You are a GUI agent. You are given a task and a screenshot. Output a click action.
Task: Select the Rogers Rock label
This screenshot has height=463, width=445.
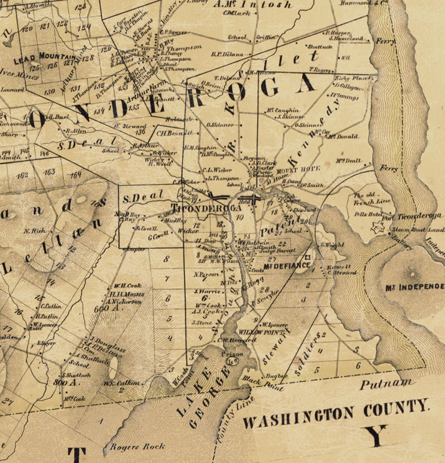[137, 446]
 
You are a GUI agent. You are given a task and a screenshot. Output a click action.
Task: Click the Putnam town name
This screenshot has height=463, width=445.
[386, 384]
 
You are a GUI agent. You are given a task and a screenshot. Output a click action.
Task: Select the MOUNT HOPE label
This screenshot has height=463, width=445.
[298, 170]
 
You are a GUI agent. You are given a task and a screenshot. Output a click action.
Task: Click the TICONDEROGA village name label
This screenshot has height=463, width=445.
[206, 208]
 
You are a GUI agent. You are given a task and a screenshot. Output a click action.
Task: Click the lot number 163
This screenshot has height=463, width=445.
[49, 172]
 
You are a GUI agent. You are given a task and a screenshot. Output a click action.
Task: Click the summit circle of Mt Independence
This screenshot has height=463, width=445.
[412, 274]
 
